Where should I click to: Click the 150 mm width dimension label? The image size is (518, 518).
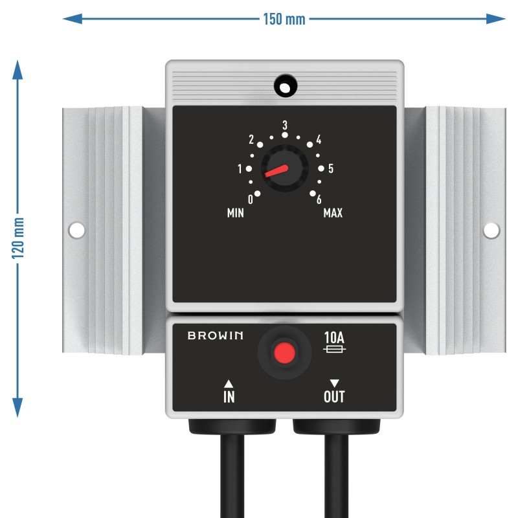tap(284, 19)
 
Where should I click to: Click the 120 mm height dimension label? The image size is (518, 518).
tap(18, 238)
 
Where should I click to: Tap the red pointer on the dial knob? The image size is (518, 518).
tap(276, 171)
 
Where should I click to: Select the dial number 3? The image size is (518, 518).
tap(285, 125)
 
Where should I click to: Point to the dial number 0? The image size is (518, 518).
tap(251, 199)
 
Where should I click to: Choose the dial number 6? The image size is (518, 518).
tap(319, 199)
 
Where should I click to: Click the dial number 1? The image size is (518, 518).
tap(240, 169)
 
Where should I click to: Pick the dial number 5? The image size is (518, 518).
tap(331, 168)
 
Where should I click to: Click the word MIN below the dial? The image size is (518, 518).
tap(236, 213)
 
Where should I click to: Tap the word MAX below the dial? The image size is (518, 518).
tap(333, 213)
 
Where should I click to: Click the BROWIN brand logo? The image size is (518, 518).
tap(216, 335)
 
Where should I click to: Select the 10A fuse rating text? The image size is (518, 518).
tap(334, 337)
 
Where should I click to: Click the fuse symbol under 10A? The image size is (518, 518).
tap(334, 349)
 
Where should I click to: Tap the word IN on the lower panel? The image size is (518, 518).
tap(229, 396)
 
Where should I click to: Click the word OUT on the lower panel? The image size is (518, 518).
tap(334, 396)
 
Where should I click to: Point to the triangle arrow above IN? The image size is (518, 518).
tap(229, 384)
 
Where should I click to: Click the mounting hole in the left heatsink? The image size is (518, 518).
tap(76, 231)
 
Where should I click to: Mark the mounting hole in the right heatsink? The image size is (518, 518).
tap(491, 231)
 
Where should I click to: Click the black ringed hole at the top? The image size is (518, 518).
tap(286, 86)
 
